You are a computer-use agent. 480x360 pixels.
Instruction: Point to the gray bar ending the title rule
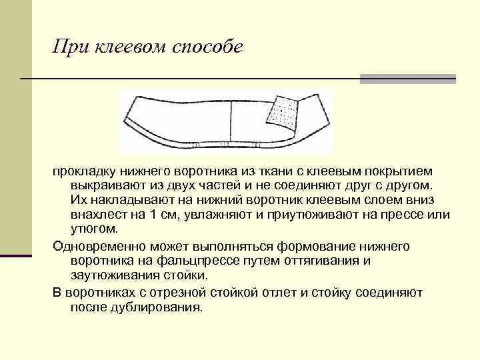pos(407,79)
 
